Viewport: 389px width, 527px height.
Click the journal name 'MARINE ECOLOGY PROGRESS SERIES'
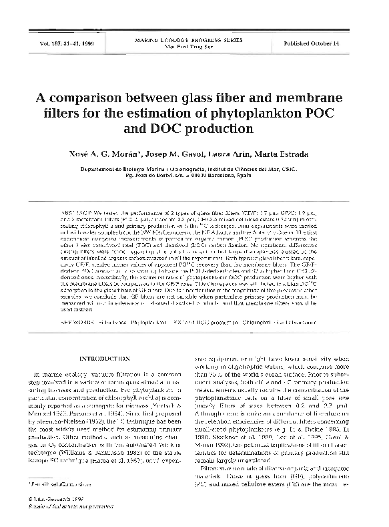tap(194, 39)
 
